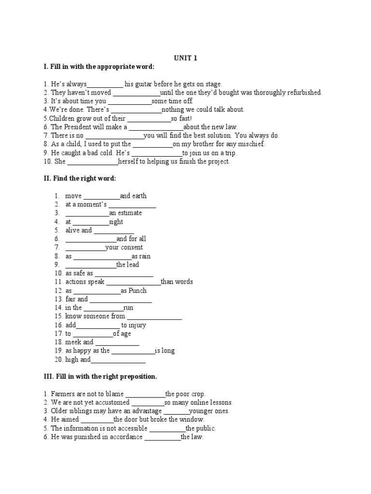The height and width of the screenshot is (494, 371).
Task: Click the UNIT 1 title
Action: tap(185, 58)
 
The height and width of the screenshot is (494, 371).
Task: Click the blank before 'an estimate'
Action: tap(87, 213)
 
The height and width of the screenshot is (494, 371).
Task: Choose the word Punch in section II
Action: tap(138, 290)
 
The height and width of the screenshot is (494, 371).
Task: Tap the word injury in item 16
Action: tap(137, 325)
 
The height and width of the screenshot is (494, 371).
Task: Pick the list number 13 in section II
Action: tap(58, 299)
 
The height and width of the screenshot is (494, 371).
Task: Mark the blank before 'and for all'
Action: tap(90, 239)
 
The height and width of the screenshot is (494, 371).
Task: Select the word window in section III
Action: tap(192, 420)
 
